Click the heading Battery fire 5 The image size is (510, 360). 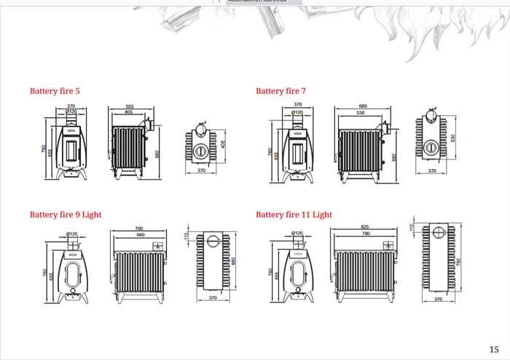tap(55, 91)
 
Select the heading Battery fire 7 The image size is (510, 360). tap(280, 91)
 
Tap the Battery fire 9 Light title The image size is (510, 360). tap(66, 215)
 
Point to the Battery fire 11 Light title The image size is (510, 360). tap(294, 215)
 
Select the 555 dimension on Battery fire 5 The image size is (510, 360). tap(129, 106)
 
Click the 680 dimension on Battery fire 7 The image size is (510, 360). tap(362, 106)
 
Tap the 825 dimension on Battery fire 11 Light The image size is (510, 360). tap(365, 227)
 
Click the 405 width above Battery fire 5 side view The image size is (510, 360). tap(128, 112)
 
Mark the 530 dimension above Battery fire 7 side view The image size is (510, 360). tap(361, 112)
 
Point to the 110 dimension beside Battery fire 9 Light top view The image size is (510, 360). tap(187, 237)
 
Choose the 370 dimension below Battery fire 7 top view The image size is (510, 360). tap(432, 171)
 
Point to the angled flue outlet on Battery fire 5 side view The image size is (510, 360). tap(147, 125)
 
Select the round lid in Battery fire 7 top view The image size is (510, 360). tap(431, 146)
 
